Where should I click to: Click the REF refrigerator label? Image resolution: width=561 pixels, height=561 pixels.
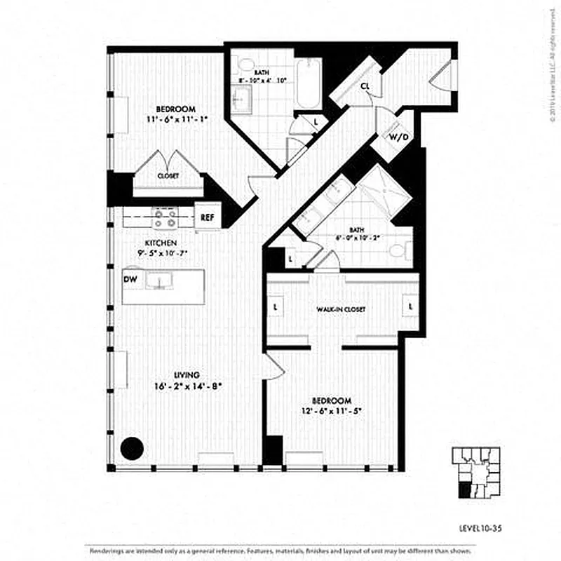point(208,217)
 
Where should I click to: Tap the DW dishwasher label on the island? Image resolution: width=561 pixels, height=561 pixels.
point(130,279)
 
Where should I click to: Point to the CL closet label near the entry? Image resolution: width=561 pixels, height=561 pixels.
point(365,86)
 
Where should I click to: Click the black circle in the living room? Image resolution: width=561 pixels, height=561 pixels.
point(131,447)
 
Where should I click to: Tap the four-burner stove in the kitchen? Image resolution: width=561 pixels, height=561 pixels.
point(165,219)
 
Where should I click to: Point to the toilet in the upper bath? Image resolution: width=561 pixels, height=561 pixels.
point(245,65)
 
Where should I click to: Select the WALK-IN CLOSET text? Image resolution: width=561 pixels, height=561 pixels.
point(341,309)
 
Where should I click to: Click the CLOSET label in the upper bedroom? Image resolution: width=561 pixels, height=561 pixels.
point(168,175)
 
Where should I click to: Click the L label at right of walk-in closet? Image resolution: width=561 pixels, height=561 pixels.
point(410,307)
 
